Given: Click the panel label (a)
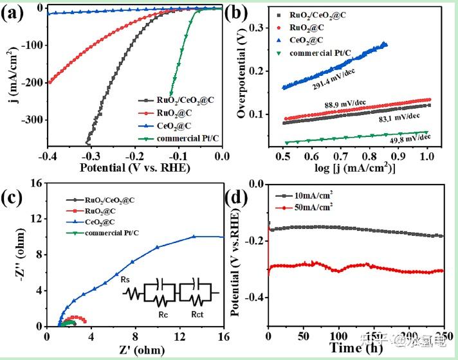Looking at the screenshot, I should (14, 14).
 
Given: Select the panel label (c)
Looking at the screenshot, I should (15, 195).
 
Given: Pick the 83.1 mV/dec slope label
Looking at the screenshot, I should (398, 116).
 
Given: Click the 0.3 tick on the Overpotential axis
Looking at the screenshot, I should (257, 28).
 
